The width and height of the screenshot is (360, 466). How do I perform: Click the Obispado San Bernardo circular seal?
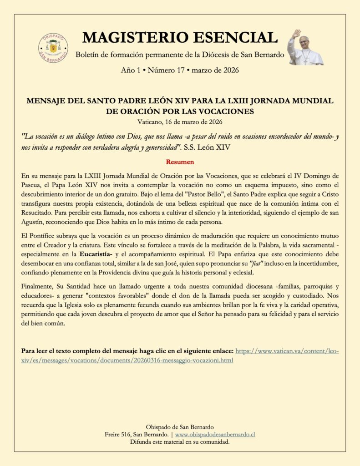click(53, 48)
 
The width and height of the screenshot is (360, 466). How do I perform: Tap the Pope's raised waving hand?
click(296, 34)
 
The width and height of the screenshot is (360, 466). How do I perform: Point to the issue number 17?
click(181, 71)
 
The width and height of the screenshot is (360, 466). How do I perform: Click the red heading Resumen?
click(180, 162)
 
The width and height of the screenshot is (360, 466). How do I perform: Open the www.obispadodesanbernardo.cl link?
click(215, 435)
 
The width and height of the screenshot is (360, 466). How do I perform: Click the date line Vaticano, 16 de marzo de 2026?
click(180, 122)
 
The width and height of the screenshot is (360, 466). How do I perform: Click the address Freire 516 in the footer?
click(121, 435)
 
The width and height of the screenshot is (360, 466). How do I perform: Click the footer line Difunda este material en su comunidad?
click(180, 442)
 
